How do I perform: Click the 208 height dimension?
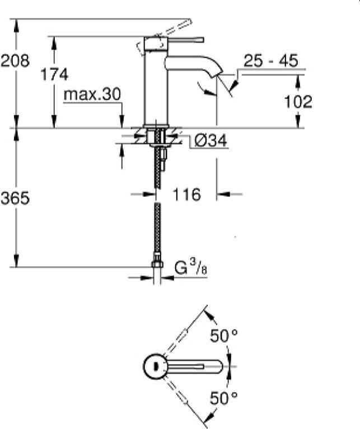(15, 60)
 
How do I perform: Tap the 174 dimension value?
(54, 74)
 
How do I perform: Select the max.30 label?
(92, 95)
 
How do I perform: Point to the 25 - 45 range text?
(270, 60)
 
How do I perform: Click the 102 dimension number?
(298, 102)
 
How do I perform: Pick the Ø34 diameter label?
(211, 141)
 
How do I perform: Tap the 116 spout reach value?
(186, 195)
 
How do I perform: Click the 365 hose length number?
(15, 198)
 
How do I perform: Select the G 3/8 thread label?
(191, 267)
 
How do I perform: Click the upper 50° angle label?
(223, 336)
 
